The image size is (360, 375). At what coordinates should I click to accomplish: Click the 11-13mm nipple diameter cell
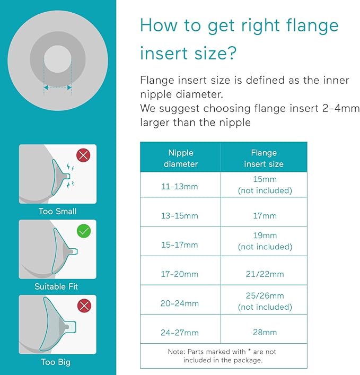pyautogui.click(x=180, y=185)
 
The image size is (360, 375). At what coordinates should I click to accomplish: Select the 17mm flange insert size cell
pyautogui.click(x=265, y=216)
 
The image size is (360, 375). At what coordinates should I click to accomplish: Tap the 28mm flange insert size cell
pyautogui.click(x=265, y=333)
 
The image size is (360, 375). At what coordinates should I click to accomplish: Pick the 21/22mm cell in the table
pyautogui.click(x=265, y=274)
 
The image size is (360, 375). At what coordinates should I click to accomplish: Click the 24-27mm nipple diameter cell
pyautogui.click(x=180, y=333)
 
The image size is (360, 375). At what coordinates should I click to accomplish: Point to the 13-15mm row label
pyautogui.click(x=180, y=216)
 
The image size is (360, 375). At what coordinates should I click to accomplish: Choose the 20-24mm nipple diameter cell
pyautogui.click(x=180, y=303)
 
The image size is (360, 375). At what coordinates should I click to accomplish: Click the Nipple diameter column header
pyautogui.click(x=180, y=158)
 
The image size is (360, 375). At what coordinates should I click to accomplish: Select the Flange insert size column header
pyautogui.click(x=264, y=158)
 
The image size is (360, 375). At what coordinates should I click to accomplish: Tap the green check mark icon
pyautogui.click(x=84, y=231)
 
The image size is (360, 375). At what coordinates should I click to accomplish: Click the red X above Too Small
pyautogui.click(x=84, y=155)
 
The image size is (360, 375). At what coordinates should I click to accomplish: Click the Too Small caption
pyautogui.click(x=58, y=211)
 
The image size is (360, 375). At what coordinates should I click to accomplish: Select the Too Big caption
pyautogui.click(x=56, y=362)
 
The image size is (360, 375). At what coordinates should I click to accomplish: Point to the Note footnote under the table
pyautogui.click(x=223, y=355)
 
